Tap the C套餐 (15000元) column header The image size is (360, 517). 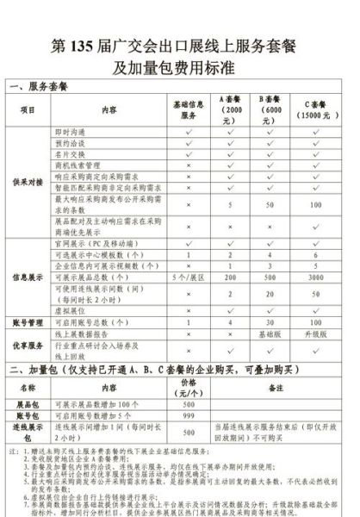316,110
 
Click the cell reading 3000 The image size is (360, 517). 316,278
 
